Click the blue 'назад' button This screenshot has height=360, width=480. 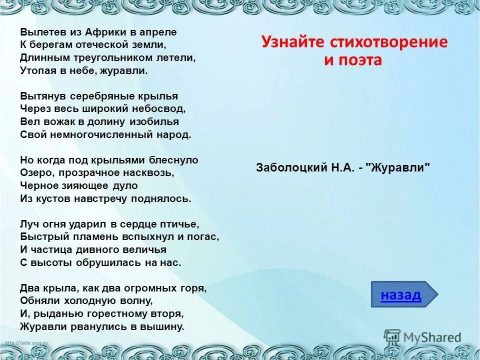(x=401, y=295)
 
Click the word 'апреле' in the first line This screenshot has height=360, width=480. (x=160, y=31)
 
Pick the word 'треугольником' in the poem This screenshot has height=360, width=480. (x=110, y=57)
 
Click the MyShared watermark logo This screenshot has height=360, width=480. (x=422, y=337)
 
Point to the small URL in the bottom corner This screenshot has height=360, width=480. (x=25, y=342)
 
